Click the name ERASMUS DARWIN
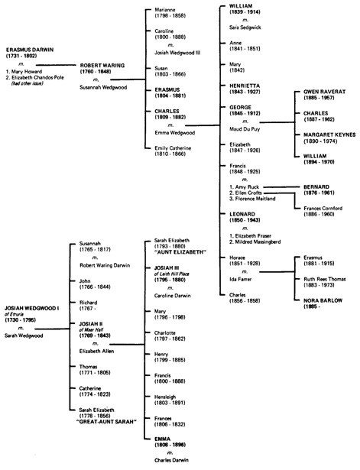(30, 50)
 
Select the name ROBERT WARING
(102, 66)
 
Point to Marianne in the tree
(165, 10)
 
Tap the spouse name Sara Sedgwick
(245, 28)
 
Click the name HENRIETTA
(245, 86)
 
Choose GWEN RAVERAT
(325, 92)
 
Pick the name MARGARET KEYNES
(329, 135)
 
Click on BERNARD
(316, 186)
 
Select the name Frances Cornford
(323, 209)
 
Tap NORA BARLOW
(323, 300)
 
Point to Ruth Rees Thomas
(325, 279)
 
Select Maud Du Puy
(245, 129)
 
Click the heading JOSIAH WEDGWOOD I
(32, 308)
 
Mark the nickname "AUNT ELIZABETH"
(180, 252)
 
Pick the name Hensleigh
(165, 397)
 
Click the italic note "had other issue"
(28, 83)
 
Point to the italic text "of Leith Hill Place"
(171, 274)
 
